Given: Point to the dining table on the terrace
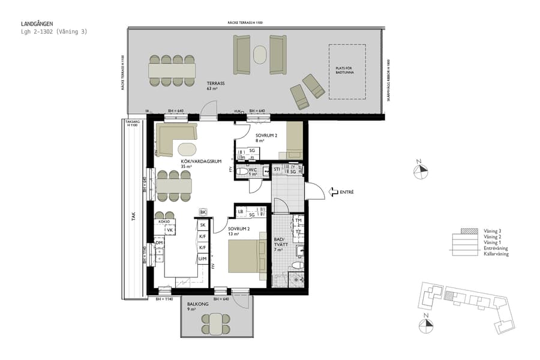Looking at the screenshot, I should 172,71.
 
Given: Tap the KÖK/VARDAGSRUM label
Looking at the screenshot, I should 202,162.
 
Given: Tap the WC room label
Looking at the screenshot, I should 253,172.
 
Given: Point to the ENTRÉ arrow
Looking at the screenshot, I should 334,192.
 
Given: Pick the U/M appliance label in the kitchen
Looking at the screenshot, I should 203,259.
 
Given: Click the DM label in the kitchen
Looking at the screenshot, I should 159,242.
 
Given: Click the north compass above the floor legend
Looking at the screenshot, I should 422,170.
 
